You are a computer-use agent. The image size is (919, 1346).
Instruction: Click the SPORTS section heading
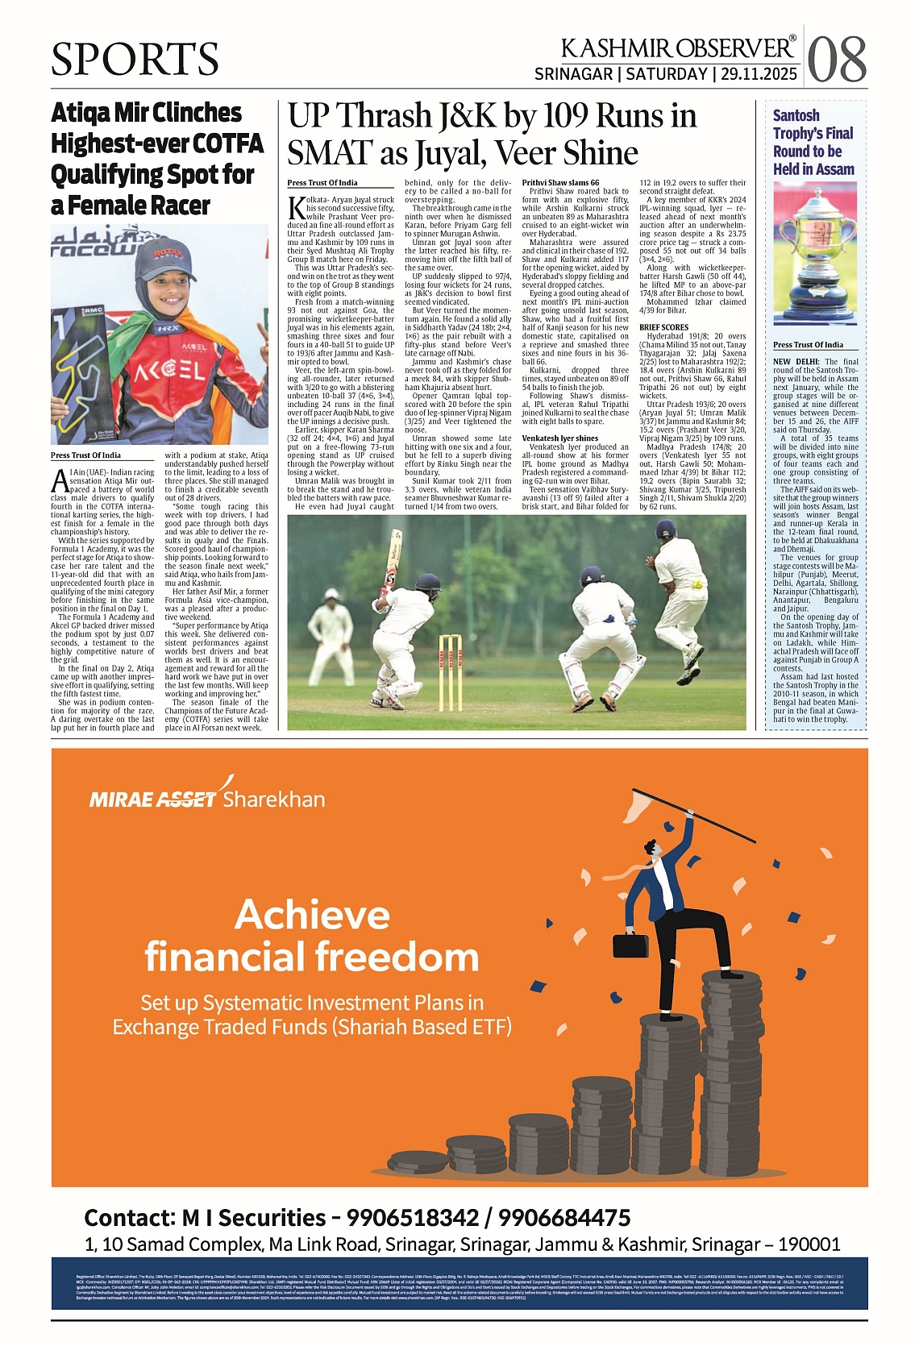click(x=135, y=59)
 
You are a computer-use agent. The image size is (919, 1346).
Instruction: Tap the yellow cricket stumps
click(x=451, y=661)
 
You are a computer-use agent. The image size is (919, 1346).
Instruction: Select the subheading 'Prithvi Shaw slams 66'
click(x=560, y=183)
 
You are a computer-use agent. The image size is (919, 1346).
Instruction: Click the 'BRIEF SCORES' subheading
click(x=664, y=327)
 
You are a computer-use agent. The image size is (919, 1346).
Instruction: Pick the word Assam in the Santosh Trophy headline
click(x=833, y=169)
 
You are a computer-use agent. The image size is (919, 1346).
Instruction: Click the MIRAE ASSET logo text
click(x=153, y=799)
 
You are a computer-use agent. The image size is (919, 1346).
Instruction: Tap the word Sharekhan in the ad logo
click(x=274, y=799)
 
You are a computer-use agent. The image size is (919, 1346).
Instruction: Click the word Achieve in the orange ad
click(x=313, y=915)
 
